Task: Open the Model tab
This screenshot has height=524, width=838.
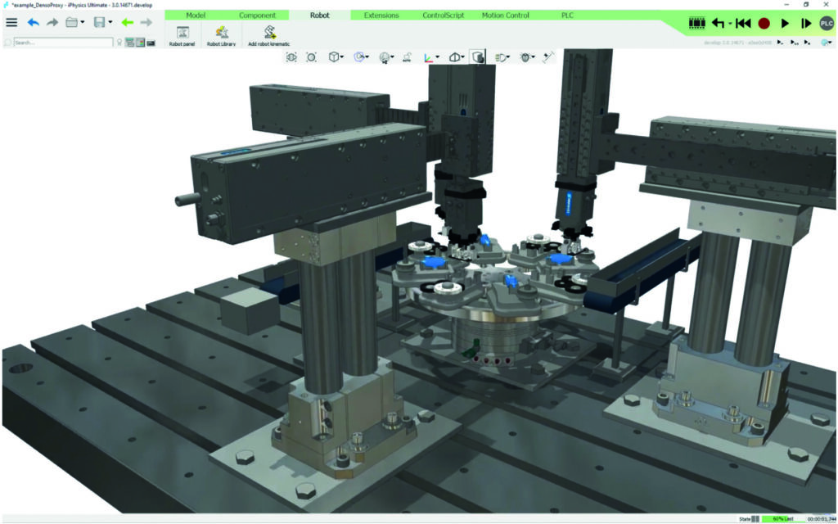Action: (x=196, y=16)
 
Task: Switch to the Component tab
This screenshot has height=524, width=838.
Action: (x=257, y=16)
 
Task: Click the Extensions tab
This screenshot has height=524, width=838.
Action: (x=381, y=16)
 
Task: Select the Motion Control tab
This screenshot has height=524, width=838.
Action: (x=505, y=16)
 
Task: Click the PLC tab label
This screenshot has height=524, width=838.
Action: (x=567, y=16)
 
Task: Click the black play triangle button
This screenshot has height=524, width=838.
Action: (x=785, y=24)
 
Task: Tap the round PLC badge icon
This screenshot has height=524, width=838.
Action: (x=827, y=24)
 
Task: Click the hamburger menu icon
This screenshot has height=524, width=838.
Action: (x=11, y=22)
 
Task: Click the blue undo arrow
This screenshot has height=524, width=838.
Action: (x=34, y=22)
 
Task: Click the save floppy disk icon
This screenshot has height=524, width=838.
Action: (x=99, y=22)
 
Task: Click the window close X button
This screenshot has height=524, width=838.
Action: (x=827, y=5)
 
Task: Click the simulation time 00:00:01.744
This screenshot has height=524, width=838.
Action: (x=822, y=519)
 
